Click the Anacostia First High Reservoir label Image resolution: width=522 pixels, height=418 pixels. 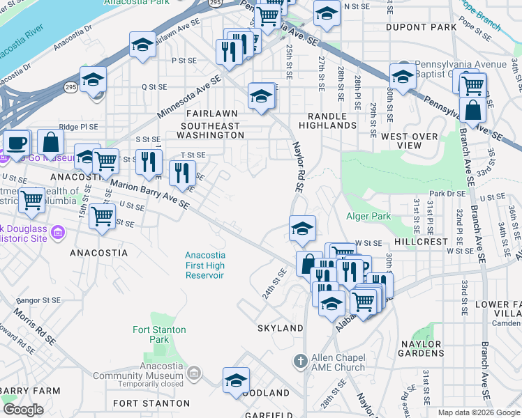tap(204, 265)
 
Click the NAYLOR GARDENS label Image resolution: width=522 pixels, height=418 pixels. tap(421, 349)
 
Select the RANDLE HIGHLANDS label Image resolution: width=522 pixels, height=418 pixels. tap(327, 120)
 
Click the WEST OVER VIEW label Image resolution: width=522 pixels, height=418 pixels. tap(410, 141)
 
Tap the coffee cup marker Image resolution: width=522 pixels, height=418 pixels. tap(16, 143)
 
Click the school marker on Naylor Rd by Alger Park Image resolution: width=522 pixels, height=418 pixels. tap(302, 228)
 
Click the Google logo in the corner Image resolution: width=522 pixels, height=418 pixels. tap(23, 409)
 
